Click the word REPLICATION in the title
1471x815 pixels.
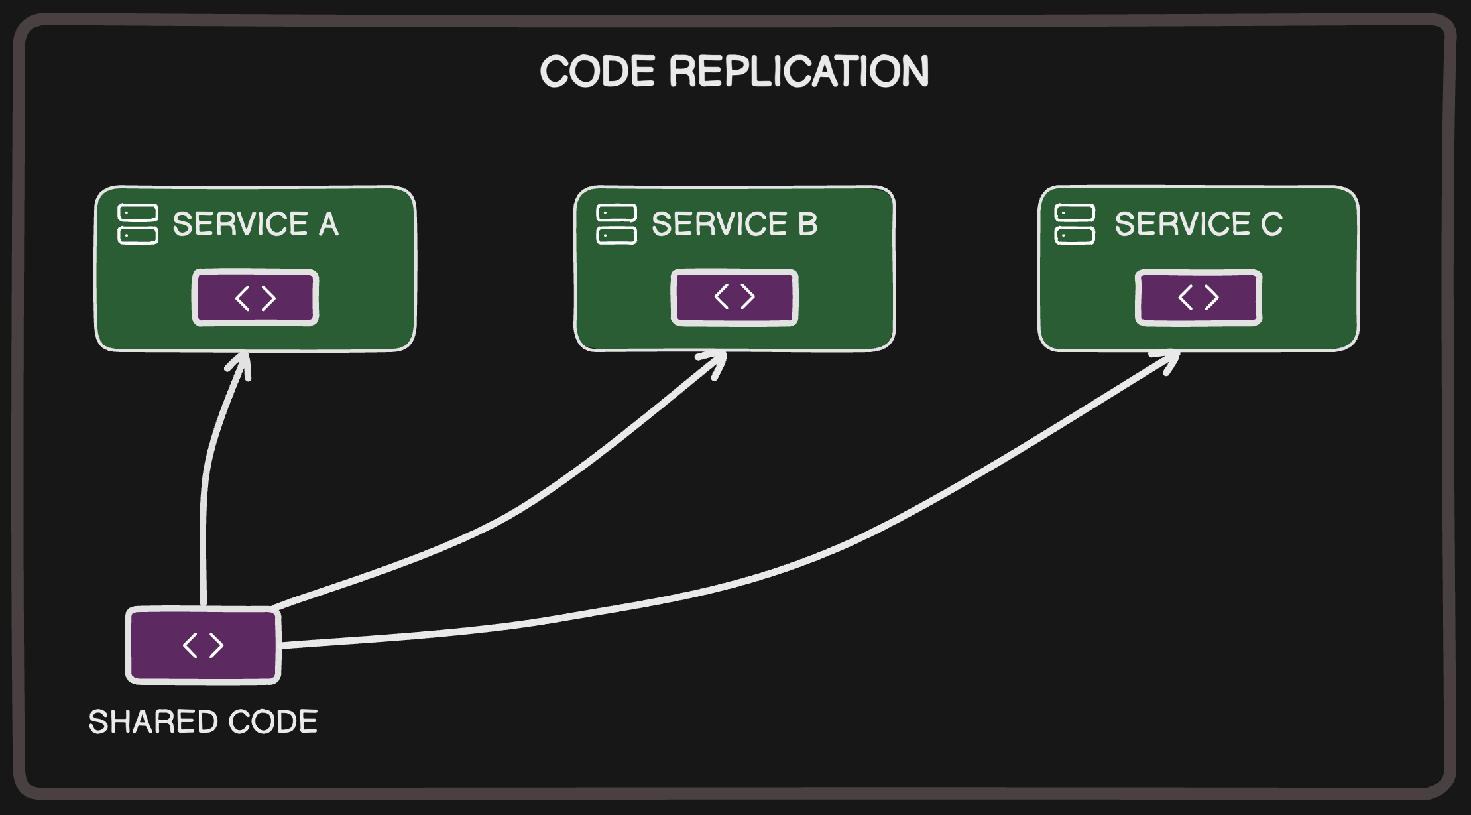(799, 72)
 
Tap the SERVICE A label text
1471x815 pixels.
(255, 224)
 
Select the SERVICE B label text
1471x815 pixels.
(734, 224)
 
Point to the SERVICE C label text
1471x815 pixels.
(1198, 224)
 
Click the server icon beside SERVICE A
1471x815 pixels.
(138, 224)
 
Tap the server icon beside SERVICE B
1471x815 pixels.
(617, 224)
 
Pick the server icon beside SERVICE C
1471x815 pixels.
(1075, 224)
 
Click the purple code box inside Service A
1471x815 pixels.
(255, 298)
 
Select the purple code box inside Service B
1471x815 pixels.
(735, 297)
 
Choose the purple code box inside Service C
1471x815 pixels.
(1199, 297)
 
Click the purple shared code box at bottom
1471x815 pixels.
(204, 645)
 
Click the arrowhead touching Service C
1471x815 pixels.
(1171, 359)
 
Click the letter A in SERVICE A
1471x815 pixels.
(329, 224)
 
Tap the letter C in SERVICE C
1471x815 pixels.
(1271, 224)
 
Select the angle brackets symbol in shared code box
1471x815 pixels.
(204, 645)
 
